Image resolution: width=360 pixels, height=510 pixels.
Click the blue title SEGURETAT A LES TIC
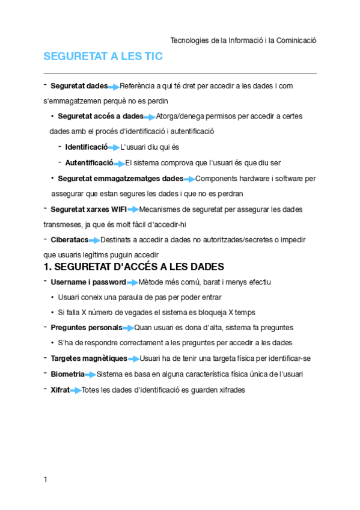(103, 57)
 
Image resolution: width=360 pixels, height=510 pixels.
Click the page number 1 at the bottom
(46, 479)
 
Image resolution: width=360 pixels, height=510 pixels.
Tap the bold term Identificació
(86, 147)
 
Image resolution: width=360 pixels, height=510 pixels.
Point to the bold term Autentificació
(89, 162)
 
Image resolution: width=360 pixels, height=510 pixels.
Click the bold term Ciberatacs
(69, 240)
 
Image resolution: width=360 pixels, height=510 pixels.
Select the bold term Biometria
(67, 374)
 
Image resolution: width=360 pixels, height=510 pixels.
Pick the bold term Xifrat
(60, 390)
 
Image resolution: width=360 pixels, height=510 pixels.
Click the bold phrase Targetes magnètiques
(89, 358)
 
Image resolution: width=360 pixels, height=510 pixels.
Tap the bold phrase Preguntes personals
(86, 328)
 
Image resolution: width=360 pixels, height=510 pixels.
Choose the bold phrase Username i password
(88, 282)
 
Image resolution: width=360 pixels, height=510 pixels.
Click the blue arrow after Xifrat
(76, 390)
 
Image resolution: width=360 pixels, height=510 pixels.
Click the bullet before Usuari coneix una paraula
(53, 298)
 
